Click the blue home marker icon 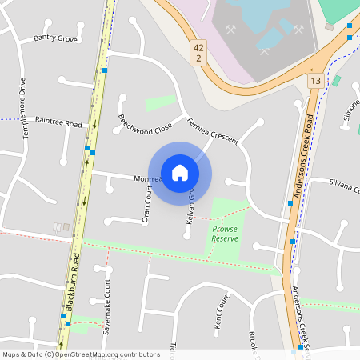point(180,172)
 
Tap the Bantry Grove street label point(55,38)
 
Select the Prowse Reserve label point(225,234)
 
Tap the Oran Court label point(146,206)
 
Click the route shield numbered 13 point(316,81)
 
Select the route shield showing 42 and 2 point(198,54)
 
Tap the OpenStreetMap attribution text point(81,354)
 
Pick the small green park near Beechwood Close point(160,103)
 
